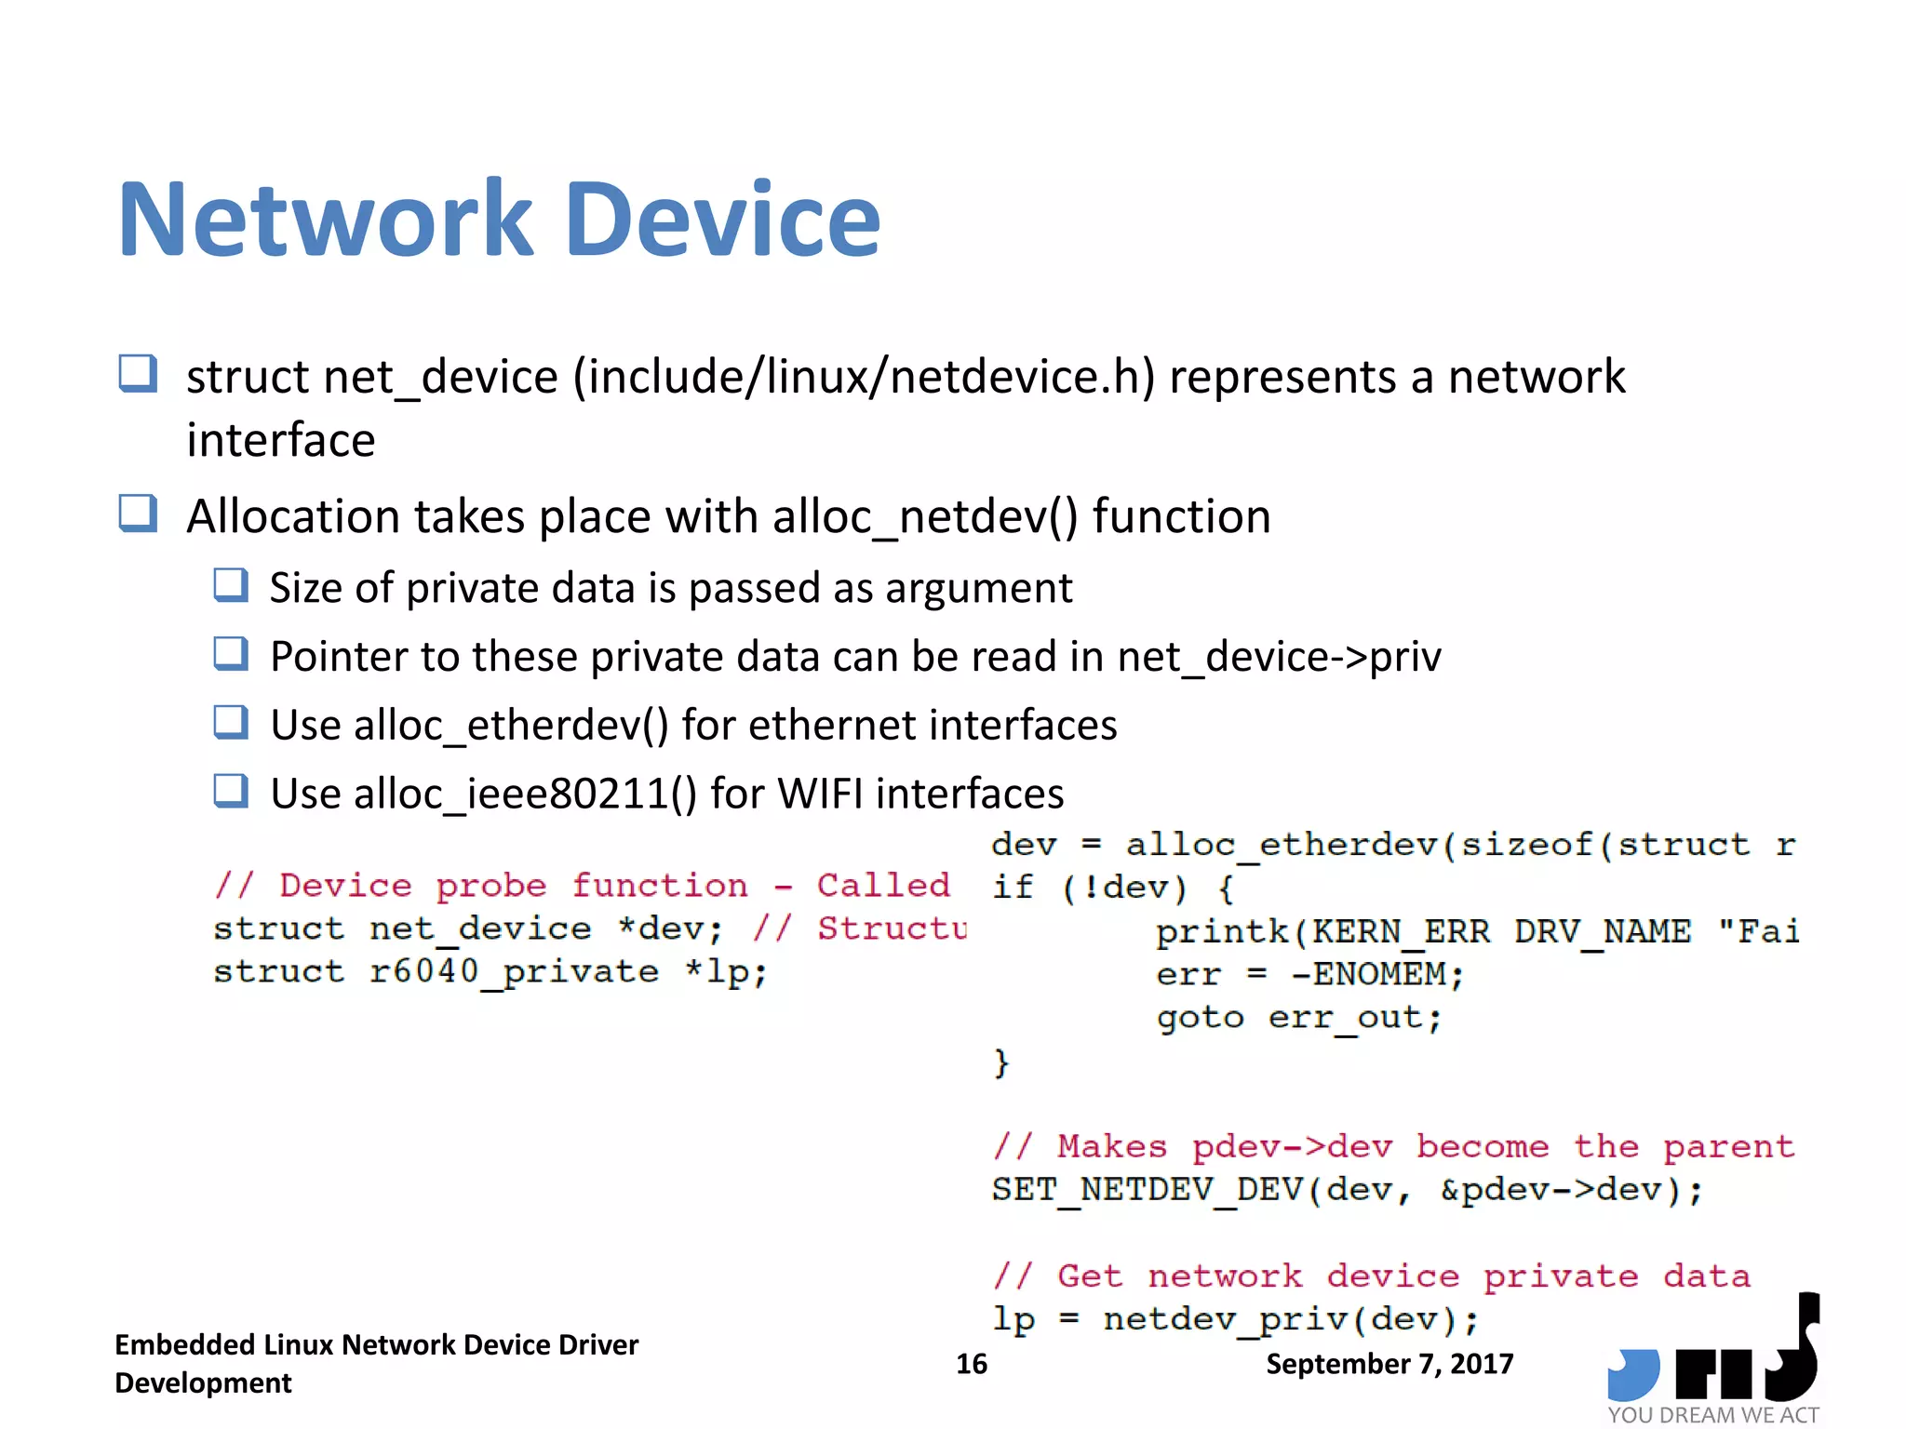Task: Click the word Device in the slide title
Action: [722, 220]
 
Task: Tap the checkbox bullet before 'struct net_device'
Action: [138, 374]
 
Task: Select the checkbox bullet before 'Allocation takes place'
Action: [138, 514]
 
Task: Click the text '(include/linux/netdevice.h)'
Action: [864, 377]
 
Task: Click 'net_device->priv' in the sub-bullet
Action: [1280, 657]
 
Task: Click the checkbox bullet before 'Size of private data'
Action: [231, 586]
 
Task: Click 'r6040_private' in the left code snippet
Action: [514, 972]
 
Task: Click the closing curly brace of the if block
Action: [1001, 1062]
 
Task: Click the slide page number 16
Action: [972, 1364]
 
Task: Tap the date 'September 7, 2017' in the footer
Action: [1389, 1364]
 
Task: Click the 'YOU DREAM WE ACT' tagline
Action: [1712, 1415]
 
